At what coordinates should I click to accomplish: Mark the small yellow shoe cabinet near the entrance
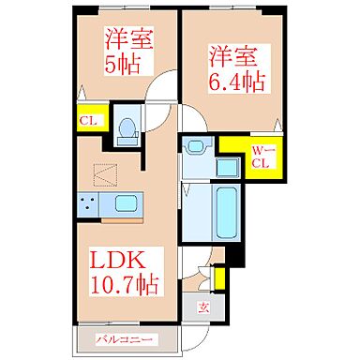click(220, 278)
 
